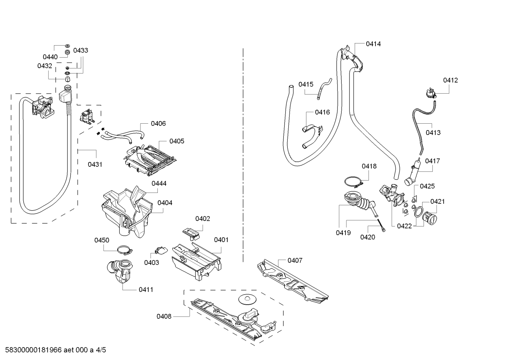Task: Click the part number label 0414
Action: click(373, 44)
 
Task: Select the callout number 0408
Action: click(164, 316)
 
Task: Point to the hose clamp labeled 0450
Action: click(125, 250)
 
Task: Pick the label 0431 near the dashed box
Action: click(95, 164)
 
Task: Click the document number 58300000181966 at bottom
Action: click(34, 350)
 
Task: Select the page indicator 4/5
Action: click(101, 350)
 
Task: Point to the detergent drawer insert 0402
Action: click(191, 234)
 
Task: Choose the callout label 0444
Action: click(159, 183)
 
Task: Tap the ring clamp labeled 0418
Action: click(353, 182)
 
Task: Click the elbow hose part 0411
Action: click(120, 271)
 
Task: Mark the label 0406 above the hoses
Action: click(158, 124)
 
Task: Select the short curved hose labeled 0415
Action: click(324, 89)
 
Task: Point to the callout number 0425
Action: click(427, 186)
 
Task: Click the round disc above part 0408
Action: click(247, 299)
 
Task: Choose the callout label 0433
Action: click(81, 51)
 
